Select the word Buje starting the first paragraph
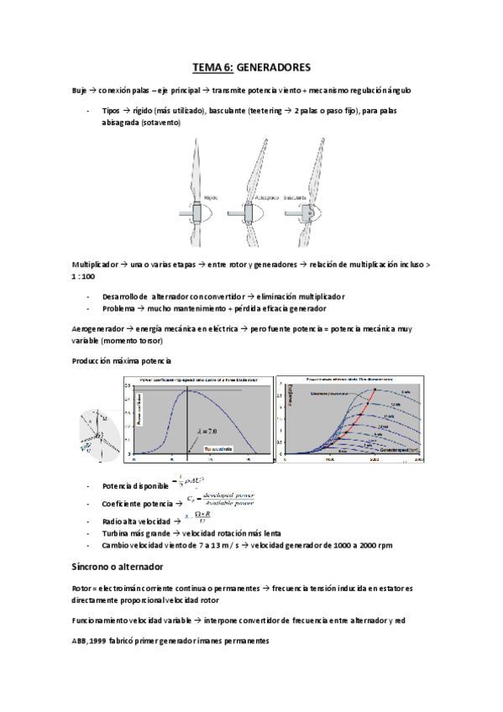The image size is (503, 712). click(81, 90)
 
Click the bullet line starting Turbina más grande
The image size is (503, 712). click(186, 533)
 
